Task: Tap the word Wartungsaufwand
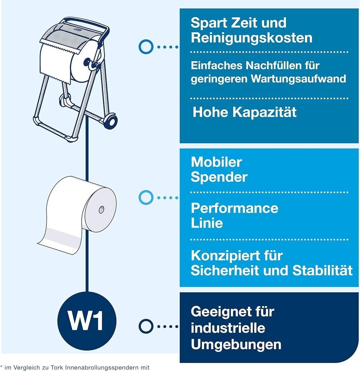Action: click(298, 79)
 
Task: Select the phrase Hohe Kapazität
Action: click(244, 112)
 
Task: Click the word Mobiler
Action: click(216, 162)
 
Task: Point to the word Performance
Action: click(235, 208)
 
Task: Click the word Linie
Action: click(207, 223)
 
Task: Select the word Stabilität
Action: click(322, 270)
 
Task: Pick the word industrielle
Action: click(228, 328)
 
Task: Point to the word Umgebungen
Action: click(236, 345)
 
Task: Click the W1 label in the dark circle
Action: click(86, 321)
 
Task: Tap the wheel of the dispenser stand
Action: click(110, 120)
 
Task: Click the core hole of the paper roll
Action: click(102, 209)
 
